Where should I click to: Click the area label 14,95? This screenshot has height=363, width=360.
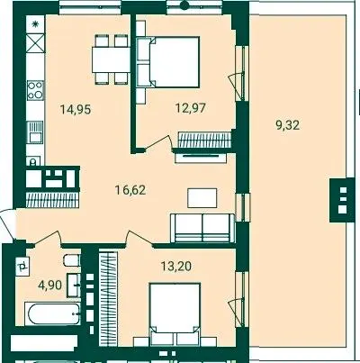[76, 109]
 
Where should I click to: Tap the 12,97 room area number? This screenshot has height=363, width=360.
[191, 107]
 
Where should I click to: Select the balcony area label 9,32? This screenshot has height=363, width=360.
[287, 124]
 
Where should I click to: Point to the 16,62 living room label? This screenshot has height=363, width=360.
[130, 190]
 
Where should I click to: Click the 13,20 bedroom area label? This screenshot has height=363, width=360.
[176, 266]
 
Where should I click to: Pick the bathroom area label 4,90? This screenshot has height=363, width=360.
[50, 285]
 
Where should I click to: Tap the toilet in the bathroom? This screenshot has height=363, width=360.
[72, 260]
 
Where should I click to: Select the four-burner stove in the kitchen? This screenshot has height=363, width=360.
[35, 90]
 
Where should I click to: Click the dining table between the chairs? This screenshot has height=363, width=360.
[111, 59]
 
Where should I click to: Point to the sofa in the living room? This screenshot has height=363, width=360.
[202, 228]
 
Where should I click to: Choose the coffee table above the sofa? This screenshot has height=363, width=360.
[202, 198]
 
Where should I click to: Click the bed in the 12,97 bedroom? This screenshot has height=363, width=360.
[168, 62]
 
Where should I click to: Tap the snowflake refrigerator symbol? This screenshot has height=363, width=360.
[35, 24]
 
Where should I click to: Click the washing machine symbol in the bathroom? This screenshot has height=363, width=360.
[22, 267]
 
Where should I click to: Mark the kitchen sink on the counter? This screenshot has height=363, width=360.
[35, 132]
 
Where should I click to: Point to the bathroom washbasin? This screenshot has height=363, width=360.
[74, 286]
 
